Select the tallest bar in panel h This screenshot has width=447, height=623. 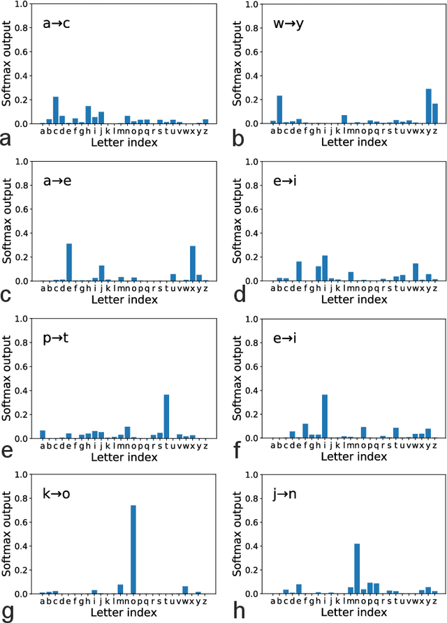point(357,569)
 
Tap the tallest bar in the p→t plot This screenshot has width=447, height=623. point(166,416)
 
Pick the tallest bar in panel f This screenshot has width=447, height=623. point(325,416)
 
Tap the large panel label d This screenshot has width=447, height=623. point(238,297)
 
